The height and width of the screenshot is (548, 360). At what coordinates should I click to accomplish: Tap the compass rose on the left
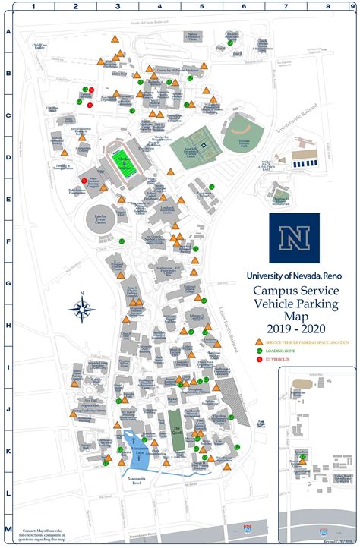coord(81,308)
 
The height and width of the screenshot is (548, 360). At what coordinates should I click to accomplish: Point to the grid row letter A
coord(8,32)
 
